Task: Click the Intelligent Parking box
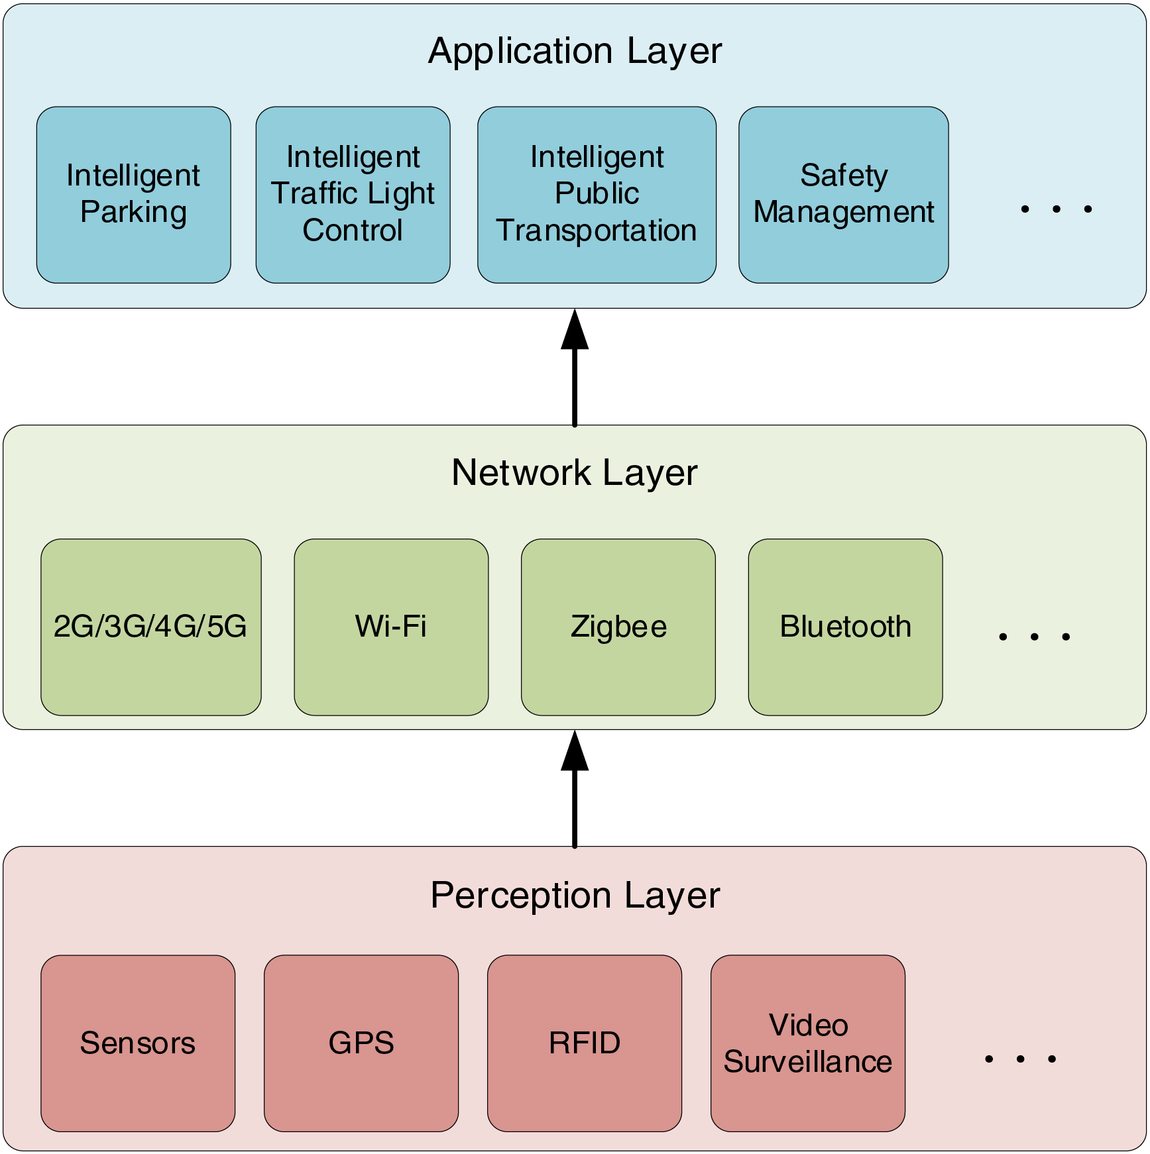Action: pos(133,195)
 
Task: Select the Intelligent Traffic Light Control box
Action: pos(353,195)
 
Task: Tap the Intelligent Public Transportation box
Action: pos(597,195)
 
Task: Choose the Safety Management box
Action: pos(843,195)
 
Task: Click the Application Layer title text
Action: pos(575,51)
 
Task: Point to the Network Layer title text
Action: pos(575,473)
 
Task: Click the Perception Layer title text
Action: pos(575,896)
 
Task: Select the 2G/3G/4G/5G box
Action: pos(150,627)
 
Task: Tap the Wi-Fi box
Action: pos(391,627)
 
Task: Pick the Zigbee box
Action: pos(618,627)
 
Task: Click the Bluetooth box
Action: pos(845,627)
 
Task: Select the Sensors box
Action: pos(138,1043)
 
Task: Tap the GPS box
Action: pos(361,1043)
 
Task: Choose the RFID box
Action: pos(585,1043)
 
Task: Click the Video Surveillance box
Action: pos(807,1043)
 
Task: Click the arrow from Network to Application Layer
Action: pos(575,371)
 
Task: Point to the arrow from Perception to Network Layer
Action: pos(575,792)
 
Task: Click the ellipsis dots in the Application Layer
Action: pos(1056,209)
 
